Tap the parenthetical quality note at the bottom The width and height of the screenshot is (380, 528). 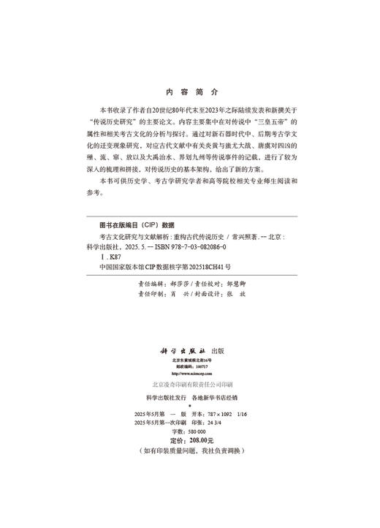(x=191, y=452)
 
